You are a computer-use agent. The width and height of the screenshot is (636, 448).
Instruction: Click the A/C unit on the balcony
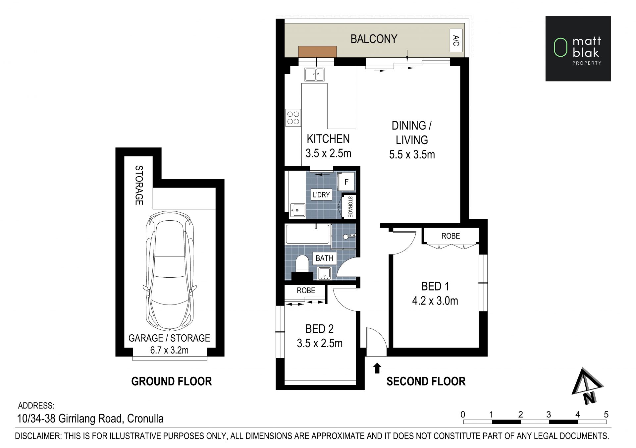456,40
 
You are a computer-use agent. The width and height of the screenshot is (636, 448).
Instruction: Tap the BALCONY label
374,39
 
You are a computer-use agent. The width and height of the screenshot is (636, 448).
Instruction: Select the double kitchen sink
314,74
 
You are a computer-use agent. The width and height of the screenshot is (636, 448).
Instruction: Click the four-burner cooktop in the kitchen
293,118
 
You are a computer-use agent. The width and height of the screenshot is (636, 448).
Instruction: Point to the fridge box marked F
346,182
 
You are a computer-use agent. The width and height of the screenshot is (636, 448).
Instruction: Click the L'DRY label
321,195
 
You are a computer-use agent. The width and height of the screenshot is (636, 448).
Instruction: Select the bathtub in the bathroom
308,235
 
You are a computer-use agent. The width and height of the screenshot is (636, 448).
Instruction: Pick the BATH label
324,258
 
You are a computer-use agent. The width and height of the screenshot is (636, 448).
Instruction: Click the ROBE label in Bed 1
450,236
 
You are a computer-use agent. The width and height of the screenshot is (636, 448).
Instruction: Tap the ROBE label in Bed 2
306,291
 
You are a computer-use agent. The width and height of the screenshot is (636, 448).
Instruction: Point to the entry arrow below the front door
377,368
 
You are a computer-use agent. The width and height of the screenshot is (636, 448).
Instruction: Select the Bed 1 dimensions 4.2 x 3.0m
435,301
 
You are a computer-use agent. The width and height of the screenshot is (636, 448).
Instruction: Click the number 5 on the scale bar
606,414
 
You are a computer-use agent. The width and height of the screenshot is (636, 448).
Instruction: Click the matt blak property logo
578,49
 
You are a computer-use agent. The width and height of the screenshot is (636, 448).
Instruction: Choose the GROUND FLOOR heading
172,381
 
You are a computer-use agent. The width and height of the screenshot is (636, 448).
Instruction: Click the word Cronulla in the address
145,419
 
